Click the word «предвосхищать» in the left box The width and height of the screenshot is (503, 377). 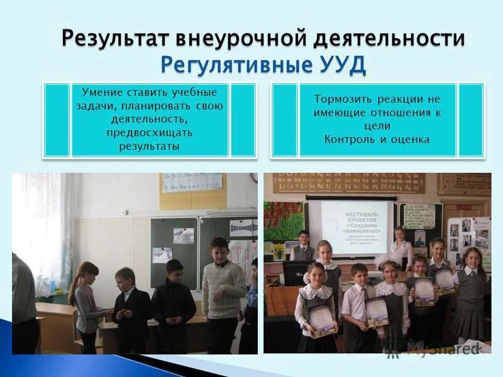(149, 133)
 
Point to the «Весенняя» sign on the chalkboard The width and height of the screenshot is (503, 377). (243, 226)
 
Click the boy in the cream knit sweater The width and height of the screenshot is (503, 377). (222, 292)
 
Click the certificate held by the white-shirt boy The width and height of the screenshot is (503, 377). (377, 311)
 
